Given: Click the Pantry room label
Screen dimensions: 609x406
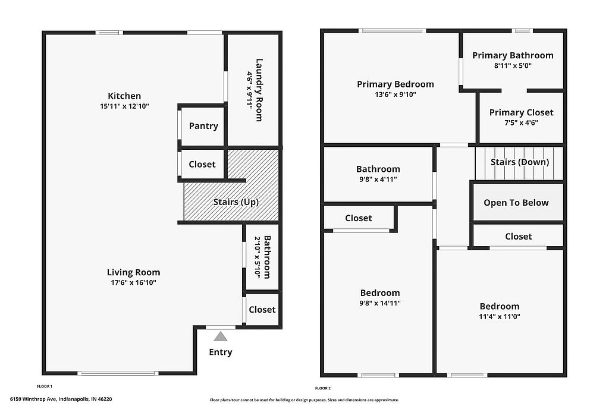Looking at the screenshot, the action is (203, 126).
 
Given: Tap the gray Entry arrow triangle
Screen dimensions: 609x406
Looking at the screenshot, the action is (221, 336).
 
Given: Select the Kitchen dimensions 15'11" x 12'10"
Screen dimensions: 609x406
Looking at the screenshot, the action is (124, 106).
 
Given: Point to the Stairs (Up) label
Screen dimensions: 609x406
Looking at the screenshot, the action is (236, 202).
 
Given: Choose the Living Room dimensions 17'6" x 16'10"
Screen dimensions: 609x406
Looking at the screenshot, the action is (134, 282).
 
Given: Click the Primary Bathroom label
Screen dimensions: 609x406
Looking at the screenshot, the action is (513, 55).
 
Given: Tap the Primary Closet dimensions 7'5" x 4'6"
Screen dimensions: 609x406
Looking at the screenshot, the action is (521, 123).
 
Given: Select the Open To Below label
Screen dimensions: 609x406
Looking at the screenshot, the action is (516, 203).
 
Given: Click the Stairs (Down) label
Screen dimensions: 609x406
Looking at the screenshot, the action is (520, 162).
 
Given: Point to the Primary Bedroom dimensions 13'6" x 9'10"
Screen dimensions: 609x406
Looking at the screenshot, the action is (395, 95).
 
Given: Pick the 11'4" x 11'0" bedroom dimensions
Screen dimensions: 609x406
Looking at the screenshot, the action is (500, 316).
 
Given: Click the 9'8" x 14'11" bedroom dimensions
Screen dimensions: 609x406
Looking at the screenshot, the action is (380, 303).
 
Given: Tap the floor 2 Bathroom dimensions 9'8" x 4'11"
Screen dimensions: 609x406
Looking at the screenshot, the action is (378, 180).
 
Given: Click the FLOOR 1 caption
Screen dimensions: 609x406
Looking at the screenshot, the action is (44, 386).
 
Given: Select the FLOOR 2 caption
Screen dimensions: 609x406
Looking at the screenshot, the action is (323, 388).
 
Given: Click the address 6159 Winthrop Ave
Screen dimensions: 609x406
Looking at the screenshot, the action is (33, 399).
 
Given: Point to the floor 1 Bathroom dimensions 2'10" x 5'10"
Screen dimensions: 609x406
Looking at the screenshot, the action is (257, 257).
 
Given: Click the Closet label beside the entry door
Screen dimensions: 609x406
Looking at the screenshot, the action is (262, 310).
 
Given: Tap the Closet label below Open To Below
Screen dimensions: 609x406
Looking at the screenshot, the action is (519, 237).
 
